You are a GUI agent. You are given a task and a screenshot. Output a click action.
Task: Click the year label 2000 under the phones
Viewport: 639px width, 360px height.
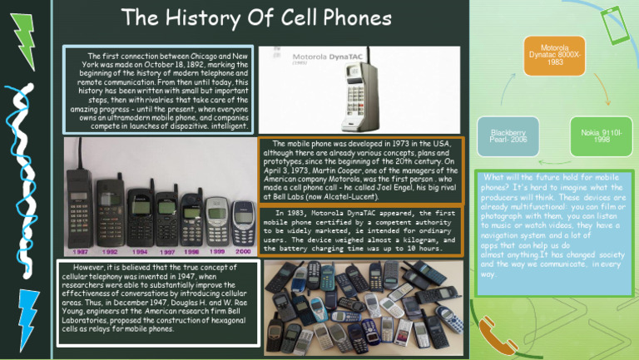244,249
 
